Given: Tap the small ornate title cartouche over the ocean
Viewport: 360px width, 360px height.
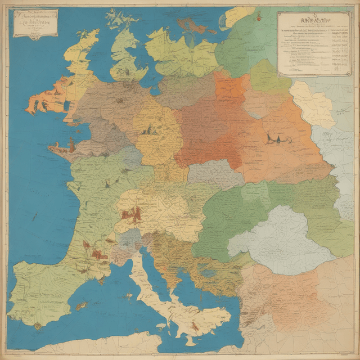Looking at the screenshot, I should pos(35,24).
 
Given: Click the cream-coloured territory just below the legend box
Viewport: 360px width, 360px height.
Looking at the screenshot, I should pos(312,103).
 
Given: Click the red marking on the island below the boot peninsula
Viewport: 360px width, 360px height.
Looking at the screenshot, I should pos(194,326).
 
